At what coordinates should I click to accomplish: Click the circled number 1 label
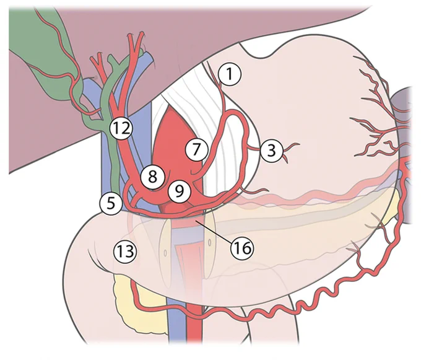click(x=230, y=74)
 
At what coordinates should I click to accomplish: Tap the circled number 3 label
click(x=271, y=151)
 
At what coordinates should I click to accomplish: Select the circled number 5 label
click(x=111, y=203)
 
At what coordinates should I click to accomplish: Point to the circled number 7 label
click(x=197, y=149)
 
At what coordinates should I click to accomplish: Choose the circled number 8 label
click(x=152, y=177)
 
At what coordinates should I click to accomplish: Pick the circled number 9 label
click(x=180, y=191)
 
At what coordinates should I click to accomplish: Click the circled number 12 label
click(x=121, y=128)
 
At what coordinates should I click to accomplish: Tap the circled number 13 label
click(x=125, y=252)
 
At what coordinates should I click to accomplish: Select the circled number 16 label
click(x=242, y=248)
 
